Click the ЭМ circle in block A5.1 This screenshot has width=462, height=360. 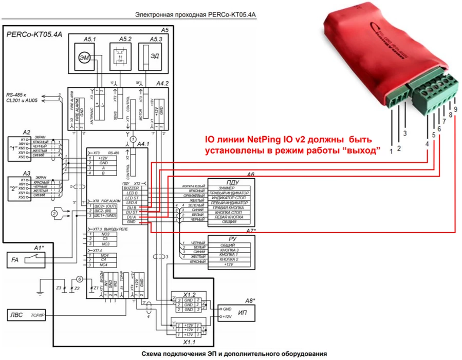(x=84, y=59)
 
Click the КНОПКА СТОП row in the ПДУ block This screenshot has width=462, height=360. (x=226, y=212)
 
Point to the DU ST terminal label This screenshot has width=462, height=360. (x=132, y=212)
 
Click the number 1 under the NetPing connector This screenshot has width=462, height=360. (x=392, y=151)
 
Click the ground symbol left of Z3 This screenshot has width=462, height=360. (x=39, y=293)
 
